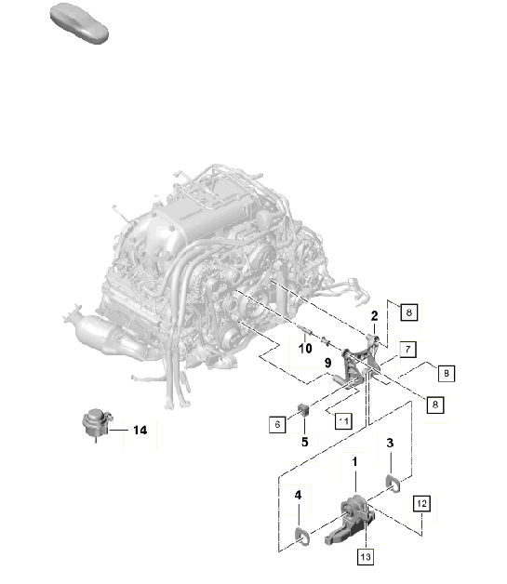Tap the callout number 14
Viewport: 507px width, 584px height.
[140, 430]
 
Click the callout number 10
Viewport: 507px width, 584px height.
[303, 349]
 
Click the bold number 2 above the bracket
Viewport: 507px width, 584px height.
[374, 316]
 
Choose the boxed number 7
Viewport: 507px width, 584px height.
[407, 349]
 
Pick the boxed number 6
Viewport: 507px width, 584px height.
[276, 423]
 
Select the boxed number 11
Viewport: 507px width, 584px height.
[343, 420]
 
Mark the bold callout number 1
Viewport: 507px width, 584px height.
[354, 462]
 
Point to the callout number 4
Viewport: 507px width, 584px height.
[298, 498]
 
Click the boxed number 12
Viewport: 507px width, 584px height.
[421, 504]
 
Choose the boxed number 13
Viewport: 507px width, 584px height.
[365, 556]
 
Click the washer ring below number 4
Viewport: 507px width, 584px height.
[301, 534]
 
